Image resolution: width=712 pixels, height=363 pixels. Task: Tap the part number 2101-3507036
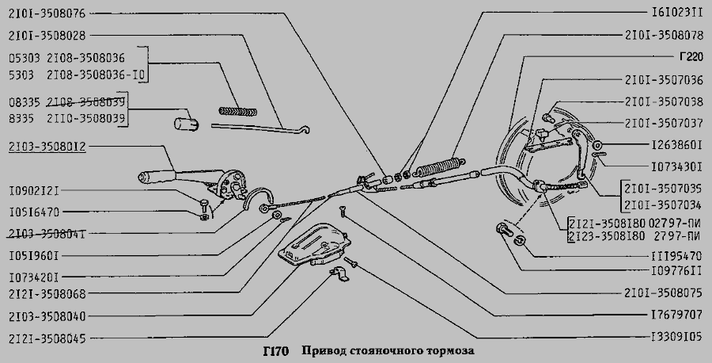663,80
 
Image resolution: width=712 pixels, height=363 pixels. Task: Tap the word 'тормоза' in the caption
453,350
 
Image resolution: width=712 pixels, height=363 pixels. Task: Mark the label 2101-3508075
663,292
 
